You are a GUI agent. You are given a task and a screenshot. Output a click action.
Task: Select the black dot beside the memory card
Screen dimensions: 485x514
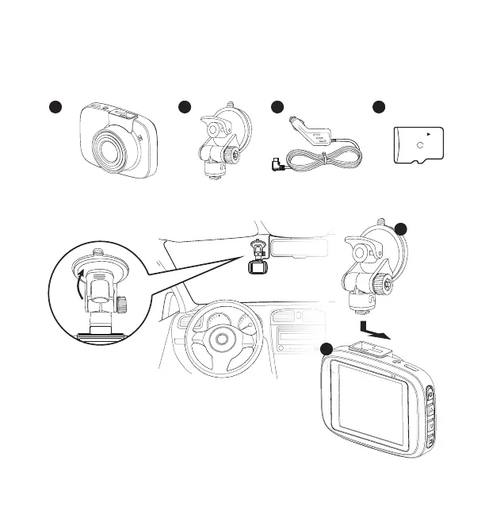379,108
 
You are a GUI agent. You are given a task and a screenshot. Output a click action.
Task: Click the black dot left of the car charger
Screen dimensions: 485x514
277,108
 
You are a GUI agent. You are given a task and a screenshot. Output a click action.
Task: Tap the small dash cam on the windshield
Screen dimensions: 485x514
257,267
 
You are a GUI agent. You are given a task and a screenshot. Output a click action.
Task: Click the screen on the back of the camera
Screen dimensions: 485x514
370,405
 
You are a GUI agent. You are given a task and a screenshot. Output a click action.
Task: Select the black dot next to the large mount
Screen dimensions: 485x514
401,229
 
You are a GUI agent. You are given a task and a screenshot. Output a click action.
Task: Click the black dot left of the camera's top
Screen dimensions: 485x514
326,349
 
